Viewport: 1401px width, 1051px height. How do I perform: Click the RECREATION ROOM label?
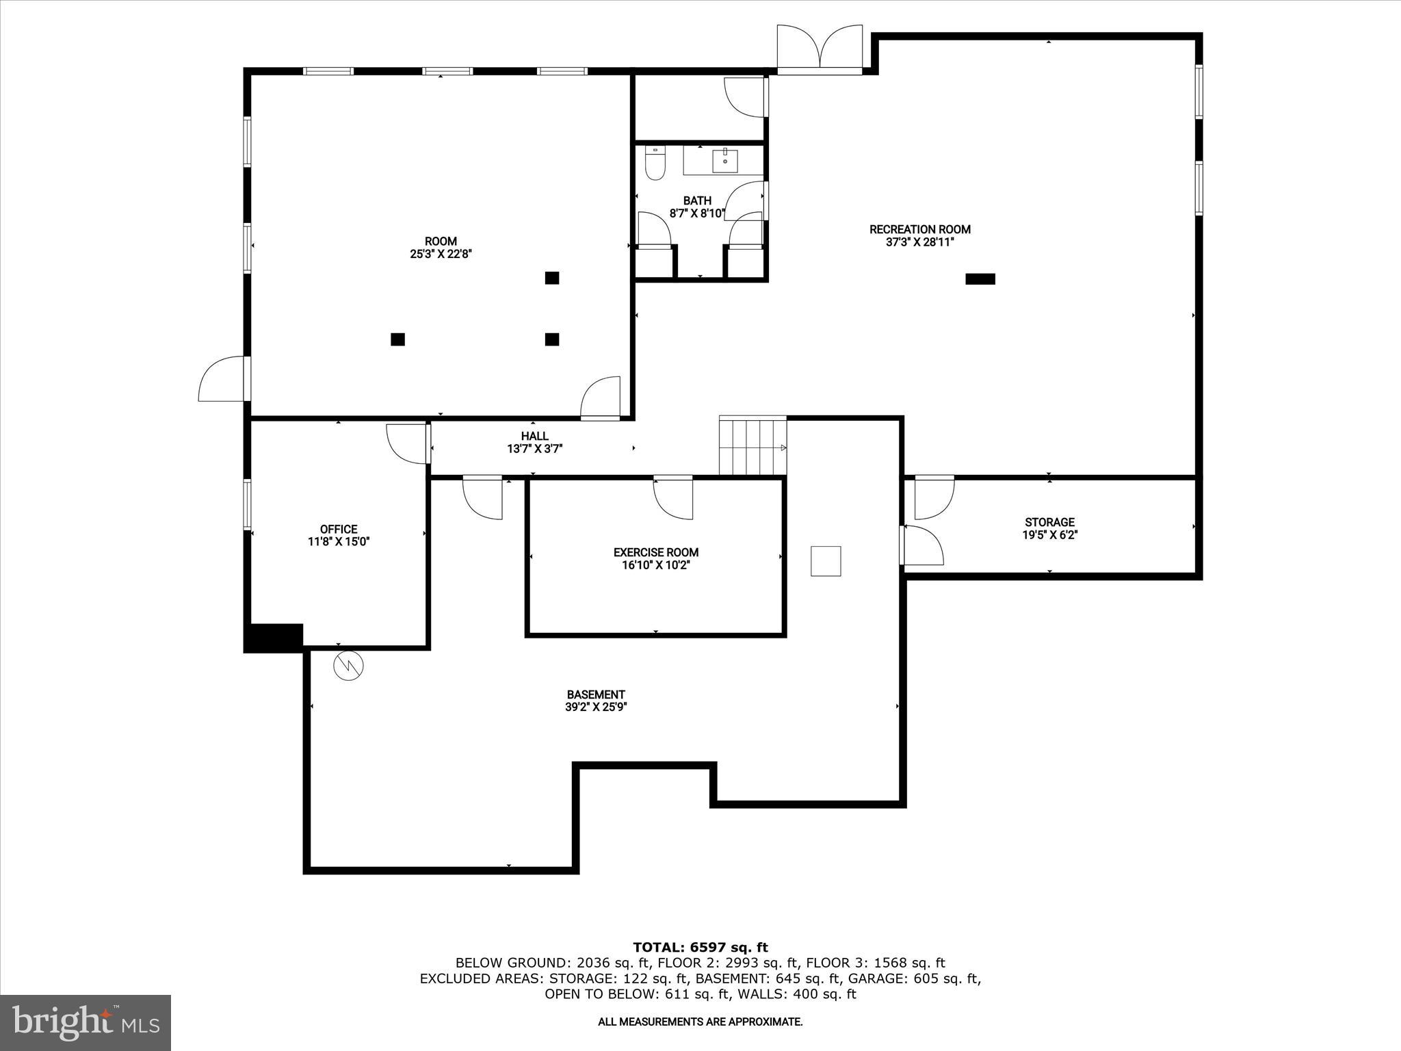(919, 229)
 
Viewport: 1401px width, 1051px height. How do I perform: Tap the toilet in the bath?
(655, 164)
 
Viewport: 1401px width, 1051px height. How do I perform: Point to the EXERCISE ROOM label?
(655, 552)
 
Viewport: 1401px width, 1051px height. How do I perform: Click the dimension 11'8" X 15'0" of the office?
(339, 542)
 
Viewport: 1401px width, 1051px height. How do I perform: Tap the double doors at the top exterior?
(820, 49)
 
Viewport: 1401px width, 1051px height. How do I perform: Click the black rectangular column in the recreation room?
(980, 278)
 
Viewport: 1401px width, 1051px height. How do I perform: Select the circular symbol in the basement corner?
(348, 665)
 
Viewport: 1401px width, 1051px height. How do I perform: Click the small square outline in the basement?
(826, 561)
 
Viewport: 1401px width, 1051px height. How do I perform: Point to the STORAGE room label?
(1049, 522)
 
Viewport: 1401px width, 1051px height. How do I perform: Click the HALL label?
(534, 436)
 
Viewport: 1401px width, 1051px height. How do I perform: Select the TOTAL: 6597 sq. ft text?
(700, 947)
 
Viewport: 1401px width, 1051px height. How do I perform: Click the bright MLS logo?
(86, 1022)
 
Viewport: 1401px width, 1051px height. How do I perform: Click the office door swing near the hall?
(408, 443)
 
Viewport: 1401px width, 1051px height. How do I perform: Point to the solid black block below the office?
(274, 638)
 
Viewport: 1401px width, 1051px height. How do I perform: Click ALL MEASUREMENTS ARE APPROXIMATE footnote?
(700, 1022)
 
